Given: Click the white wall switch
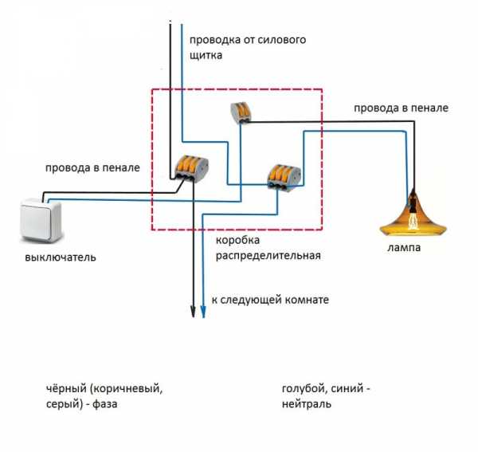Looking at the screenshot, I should coord(40,222).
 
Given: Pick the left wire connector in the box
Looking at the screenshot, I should coord(193,167).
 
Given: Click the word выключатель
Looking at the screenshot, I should coord(61,258).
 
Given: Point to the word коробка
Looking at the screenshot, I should coord(238,240).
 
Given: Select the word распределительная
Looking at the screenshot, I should coord(268,256).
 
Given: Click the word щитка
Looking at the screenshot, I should coord(206,56).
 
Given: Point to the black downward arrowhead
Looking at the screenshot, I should coord(193,310).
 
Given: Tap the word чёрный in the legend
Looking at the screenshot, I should coord(66,389).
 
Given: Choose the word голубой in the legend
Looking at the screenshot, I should coord(303,389).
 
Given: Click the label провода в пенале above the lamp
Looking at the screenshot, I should coord(401,108).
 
